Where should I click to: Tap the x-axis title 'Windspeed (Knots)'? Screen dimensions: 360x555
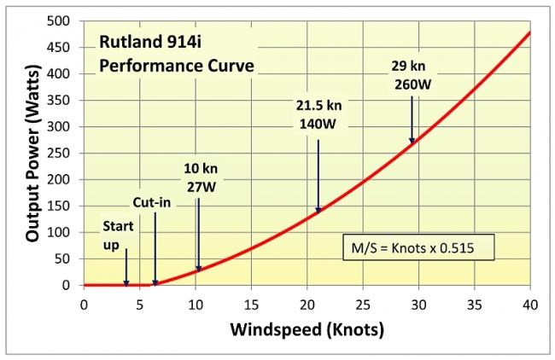point(305,328)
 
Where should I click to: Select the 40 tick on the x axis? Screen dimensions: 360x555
point(529,303)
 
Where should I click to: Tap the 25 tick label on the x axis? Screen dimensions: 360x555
point(362,303)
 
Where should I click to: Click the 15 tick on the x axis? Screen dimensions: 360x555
point(251,303)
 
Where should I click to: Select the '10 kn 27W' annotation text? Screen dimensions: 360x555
point(199,177)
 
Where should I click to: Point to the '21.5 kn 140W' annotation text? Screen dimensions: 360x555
point(318,113)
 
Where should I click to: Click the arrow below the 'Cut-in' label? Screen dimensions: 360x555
point(155,248)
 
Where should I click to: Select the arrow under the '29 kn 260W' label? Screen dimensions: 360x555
point(412,119)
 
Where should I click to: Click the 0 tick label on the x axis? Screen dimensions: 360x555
point(84,303)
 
